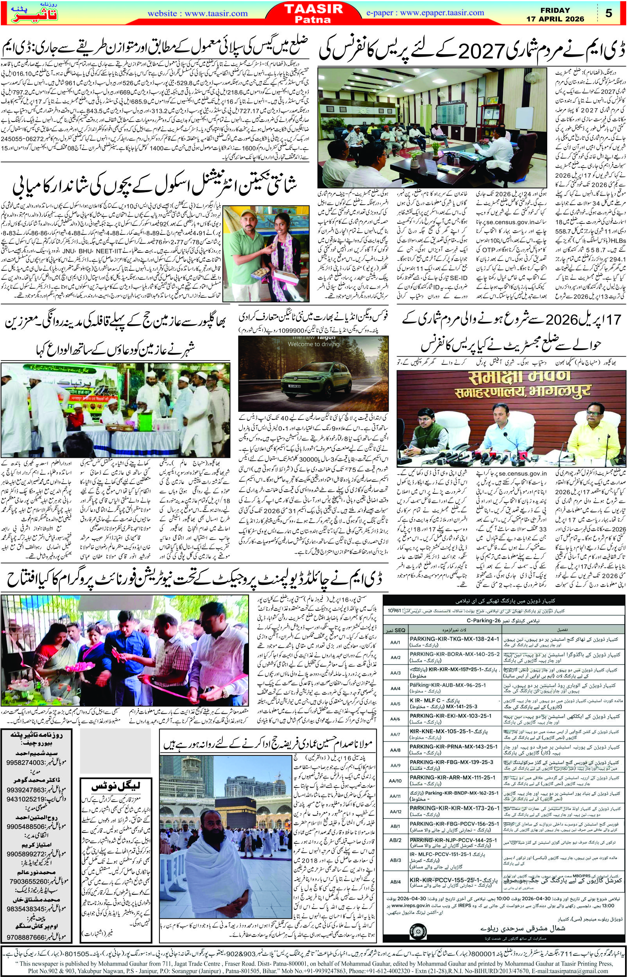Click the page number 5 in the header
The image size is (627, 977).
coord(609,13)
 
